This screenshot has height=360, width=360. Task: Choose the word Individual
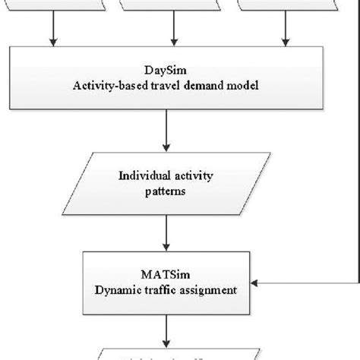(x=144, y=176)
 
